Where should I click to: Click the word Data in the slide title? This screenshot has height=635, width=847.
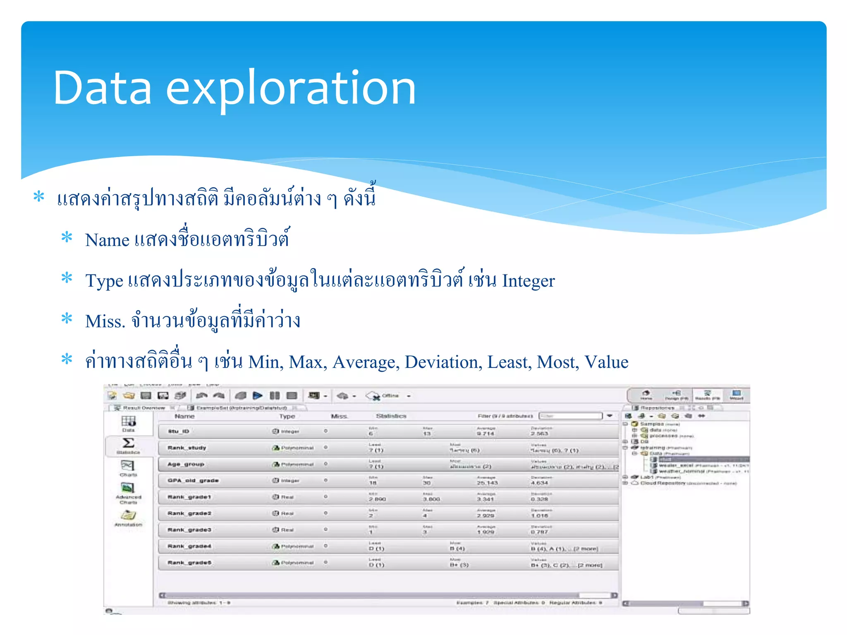pos(103,88)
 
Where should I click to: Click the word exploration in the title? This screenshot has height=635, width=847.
pos(291,89)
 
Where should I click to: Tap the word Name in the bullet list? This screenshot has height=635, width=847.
pos(107,240)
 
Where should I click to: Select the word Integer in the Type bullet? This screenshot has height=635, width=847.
pos(528,281)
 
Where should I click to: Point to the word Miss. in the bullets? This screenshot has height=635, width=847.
pos(105,322)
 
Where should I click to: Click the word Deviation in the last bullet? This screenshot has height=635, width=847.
pos(443,362)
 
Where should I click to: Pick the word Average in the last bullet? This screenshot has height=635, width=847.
pos(366,363)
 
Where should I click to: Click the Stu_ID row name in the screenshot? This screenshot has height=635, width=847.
pos(178,431)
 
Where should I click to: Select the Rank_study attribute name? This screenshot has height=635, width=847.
pos(187,448)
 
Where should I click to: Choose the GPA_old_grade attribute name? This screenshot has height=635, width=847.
pos(193,480)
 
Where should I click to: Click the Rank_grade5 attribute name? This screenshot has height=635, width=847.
pos(189,563)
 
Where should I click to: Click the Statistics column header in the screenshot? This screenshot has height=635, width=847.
pos(391,416)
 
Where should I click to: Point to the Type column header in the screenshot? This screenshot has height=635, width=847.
pos(287,416)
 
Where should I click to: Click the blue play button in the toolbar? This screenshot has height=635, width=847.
pos(258,396)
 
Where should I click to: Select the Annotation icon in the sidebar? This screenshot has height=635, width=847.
pos(128,516)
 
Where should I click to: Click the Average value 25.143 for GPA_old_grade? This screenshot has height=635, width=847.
pos(487,483)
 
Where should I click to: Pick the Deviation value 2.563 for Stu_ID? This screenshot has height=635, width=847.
pos(539,434)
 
